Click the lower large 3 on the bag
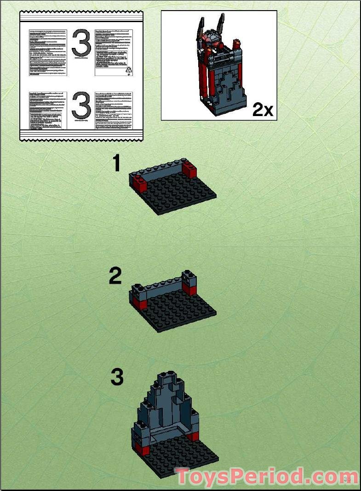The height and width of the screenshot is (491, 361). tap(81, 107)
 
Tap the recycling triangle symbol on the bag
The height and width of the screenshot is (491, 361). tap(129, 70)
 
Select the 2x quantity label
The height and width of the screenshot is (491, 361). tap(263, 110)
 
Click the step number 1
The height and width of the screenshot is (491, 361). tap(117, 164)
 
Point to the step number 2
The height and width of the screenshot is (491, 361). tap(115, 276)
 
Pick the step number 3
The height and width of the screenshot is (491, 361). tap(117, 378)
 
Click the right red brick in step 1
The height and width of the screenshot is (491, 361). tap(189, 170)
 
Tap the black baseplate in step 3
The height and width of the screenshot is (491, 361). tap(184, 458)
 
